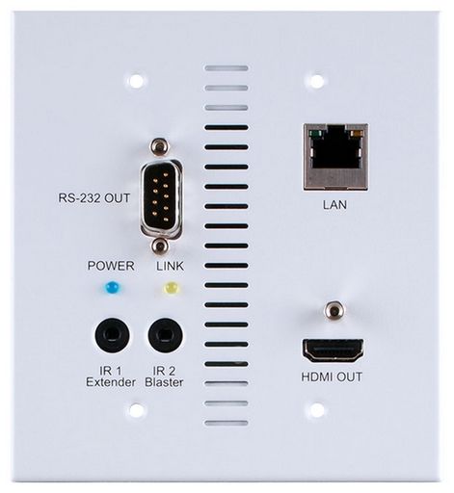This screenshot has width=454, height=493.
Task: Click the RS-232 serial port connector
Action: (161, 198)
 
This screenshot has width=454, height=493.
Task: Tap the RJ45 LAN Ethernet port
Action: (335, 157)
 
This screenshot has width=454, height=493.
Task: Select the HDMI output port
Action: (333, 350)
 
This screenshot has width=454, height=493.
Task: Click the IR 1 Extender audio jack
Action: (112, 335)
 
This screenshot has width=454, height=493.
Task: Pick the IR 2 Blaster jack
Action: (165, 335)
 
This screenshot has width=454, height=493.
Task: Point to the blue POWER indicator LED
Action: (111, 287)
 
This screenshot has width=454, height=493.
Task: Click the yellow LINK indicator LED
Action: (171, 288)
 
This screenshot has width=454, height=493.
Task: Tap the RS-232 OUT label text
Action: (94, 198)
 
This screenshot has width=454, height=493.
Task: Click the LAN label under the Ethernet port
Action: (334, 205)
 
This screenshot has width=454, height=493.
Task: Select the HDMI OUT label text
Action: (332, 376)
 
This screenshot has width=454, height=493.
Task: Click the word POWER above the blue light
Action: (111, 266)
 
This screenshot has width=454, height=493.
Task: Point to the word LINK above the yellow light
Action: (170, 266)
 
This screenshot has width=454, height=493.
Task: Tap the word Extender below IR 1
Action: (111, 382)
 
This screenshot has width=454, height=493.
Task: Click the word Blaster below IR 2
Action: (164, 382)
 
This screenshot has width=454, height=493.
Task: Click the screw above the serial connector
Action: (159, 145)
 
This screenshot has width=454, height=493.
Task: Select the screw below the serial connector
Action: (159, 246)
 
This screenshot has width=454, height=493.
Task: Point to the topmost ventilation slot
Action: (227, 68)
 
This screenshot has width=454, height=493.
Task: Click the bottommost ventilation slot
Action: (227, 423)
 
